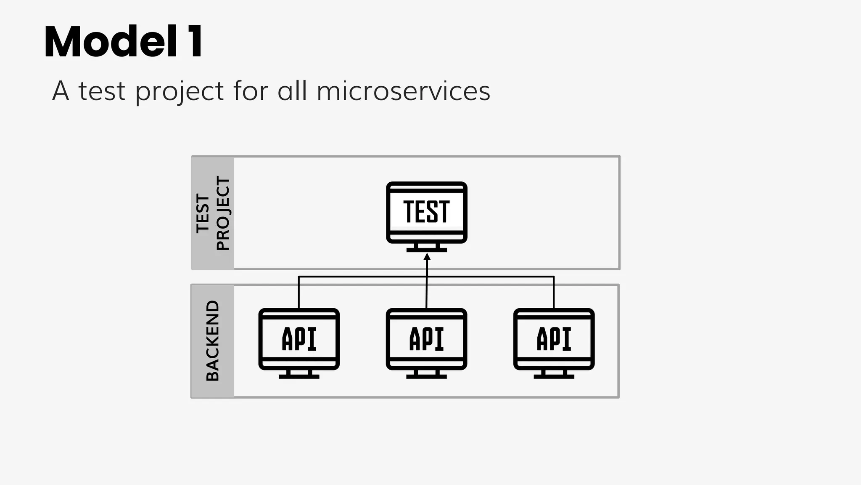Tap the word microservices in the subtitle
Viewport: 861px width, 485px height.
click(x=403, y=91)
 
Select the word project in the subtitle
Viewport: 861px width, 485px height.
click(x=180, y=92)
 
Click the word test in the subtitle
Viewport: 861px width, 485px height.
click(x=102, y=91)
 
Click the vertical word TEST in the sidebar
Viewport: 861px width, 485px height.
click(x=203, y=213)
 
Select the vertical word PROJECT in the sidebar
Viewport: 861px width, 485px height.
click(x=223, y=213)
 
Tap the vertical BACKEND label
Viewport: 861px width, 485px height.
click(x=213, y=341)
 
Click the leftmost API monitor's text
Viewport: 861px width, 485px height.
click(x=299, y=339)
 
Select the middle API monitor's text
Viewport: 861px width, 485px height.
click(x=426, y=339)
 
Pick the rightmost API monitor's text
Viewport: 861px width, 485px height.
click(x=554, y=339)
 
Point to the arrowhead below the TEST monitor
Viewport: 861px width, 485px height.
click(x=427, y=256)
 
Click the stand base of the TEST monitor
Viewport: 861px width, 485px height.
click(x=426, y=250)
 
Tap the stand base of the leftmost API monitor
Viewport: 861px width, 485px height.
click(x=299, y=377)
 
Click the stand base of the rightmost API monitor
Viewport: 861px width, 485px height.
click(x=554, y=377)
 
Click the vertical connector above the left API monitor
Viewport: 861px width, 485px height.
click(x=299, y=293)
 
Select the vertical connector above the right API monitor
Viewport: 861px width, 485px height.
click(x=554, y=293)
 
